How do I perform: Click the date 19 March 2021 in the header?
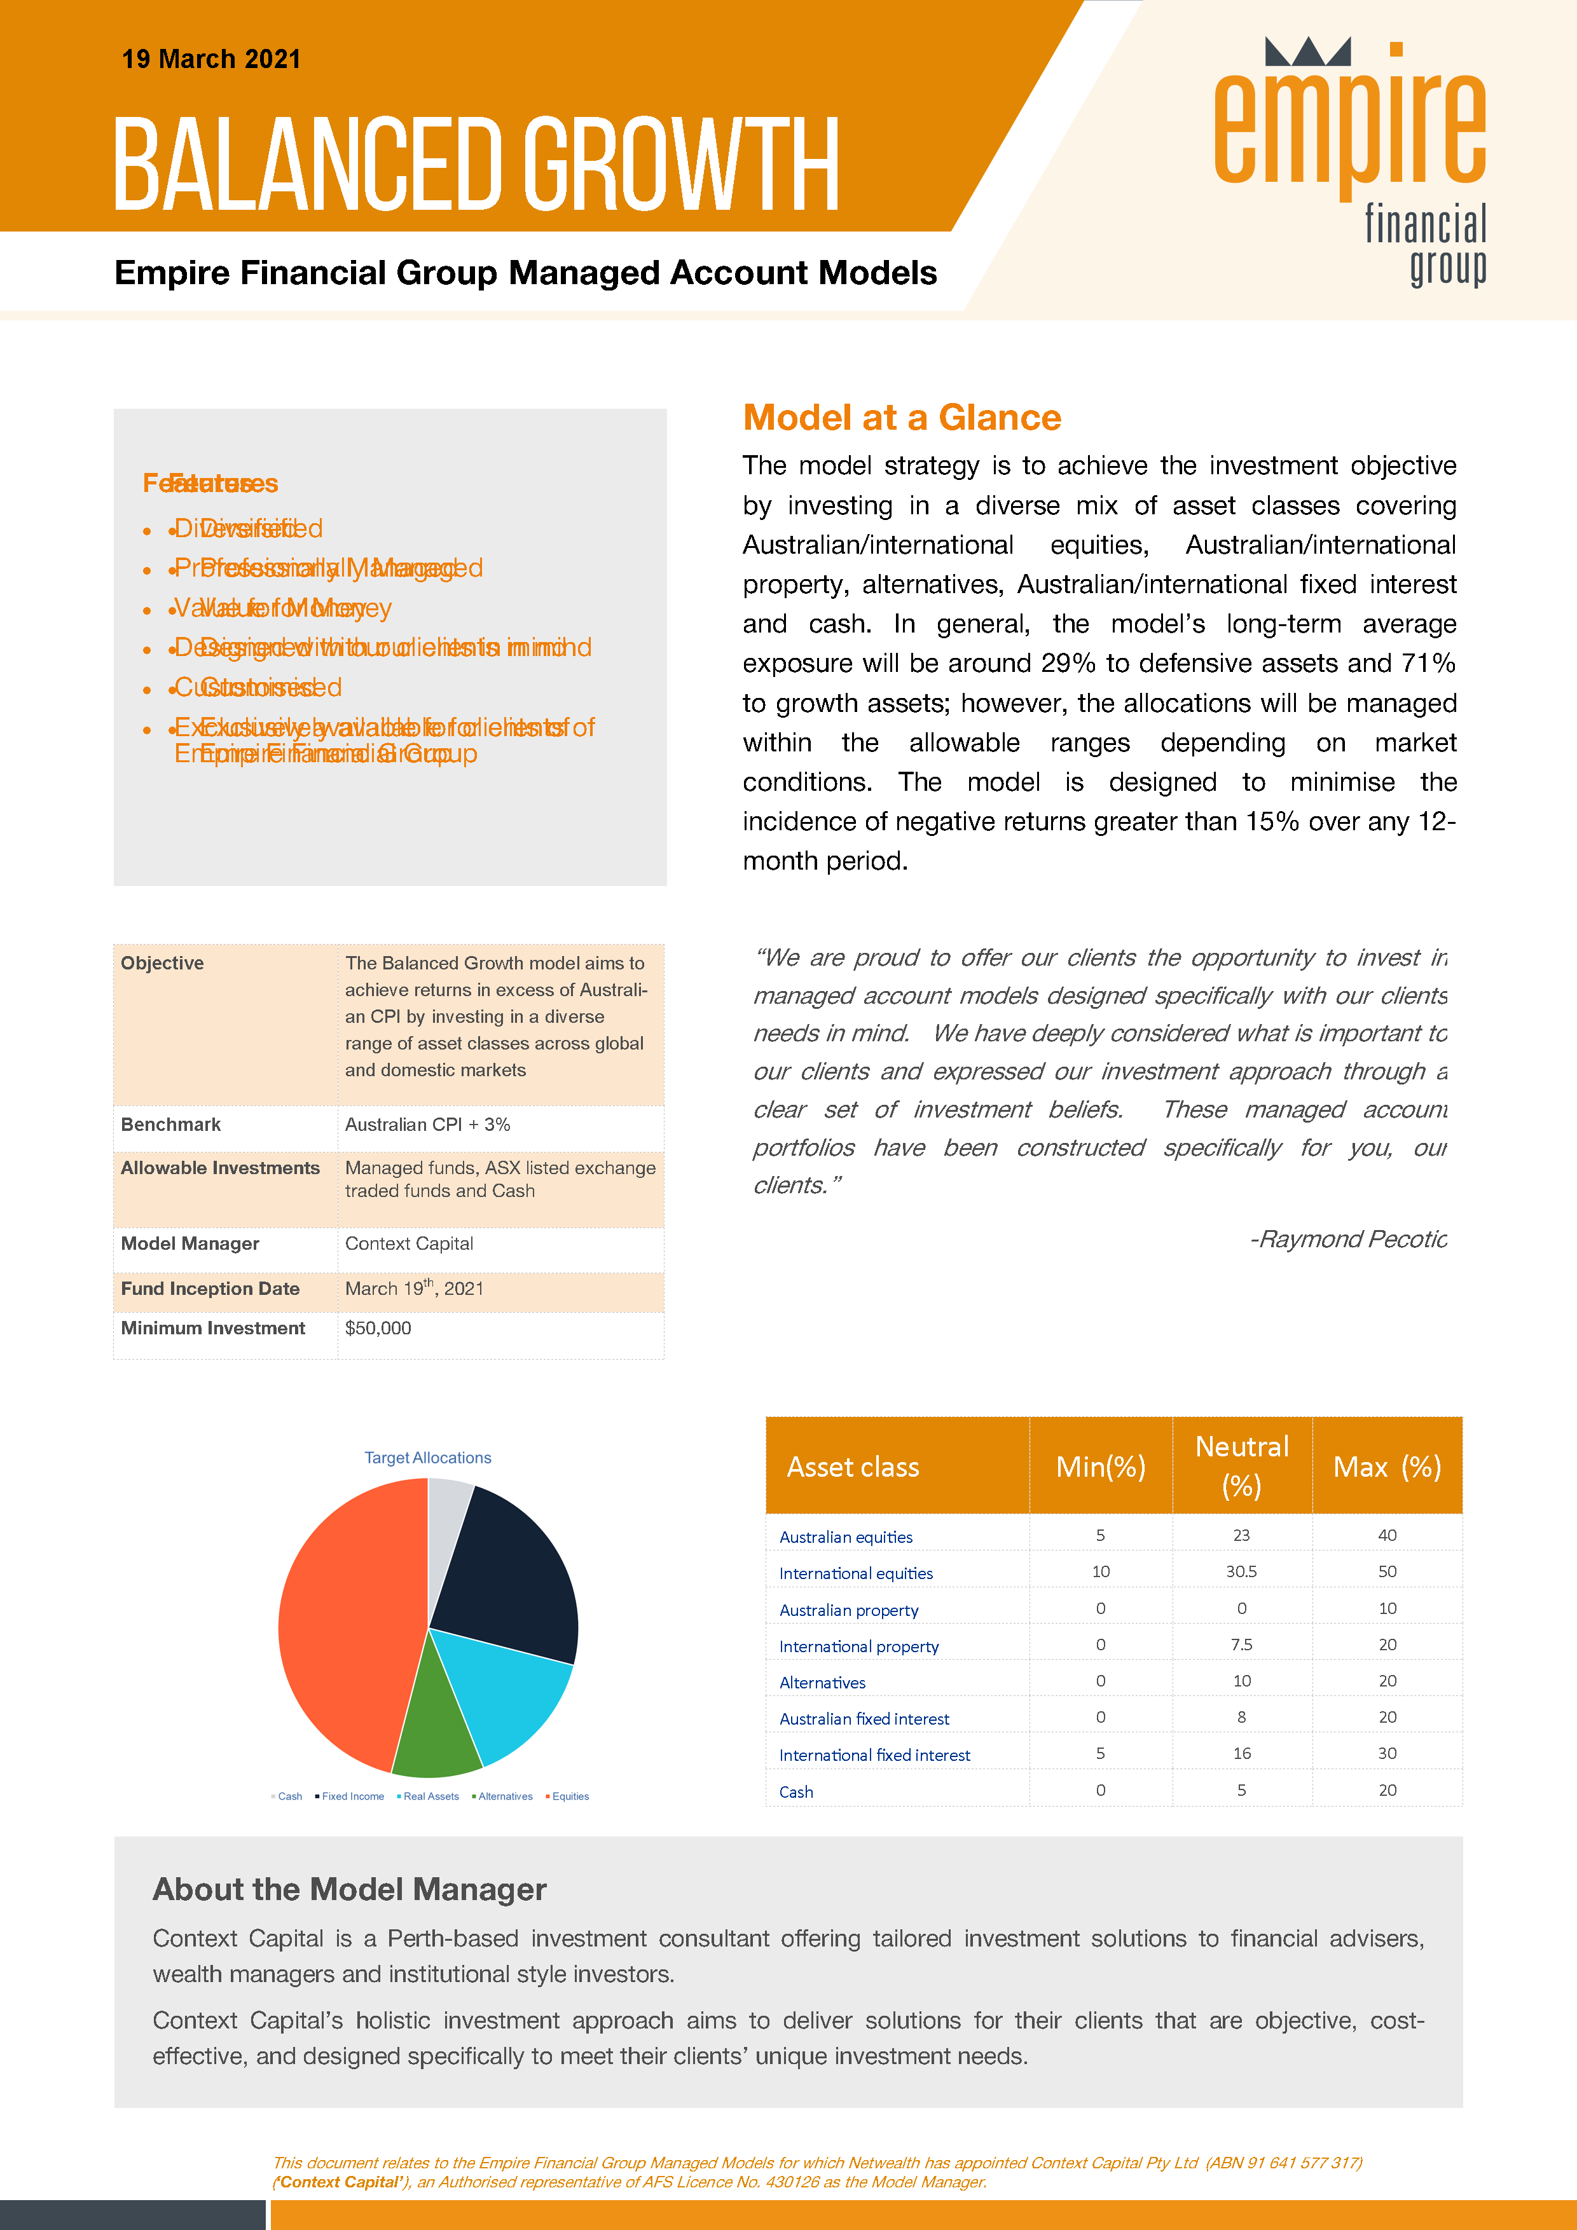(211, 59)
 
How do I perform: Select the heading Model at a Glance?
(902, 418)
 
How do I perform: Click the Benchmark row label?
(171, 1125)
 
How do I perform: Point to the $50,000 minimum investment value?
(378, 1328)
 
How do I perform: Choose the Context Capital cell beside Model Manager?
(409, 1243)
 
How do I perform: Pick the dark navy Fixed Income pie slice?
(510, 1573)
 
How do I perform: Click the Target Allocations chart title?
(427, 1458)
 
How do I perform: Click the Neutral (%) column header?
(1242, 1466)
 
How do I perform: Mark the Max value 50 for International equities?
(1387, 1571)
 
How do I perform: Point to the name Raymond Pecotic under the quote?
(1351, 1240)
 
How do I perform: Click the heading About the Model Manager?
(350, 1889)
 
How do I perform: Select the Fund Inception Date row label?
(210, 1289)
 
